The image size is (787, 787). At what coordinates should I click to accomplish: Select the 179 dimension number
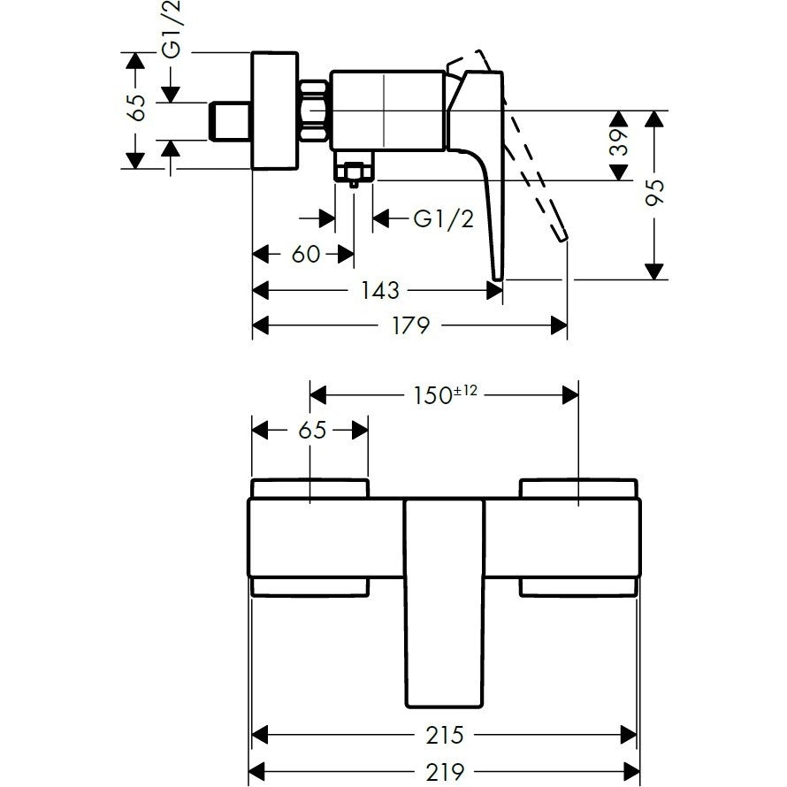coord(410,326)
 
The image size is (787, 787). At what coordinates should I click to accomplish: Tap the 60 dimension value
coord(305,255)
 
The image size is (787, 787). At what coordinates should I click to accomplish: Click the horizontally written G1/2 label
coord(443,219)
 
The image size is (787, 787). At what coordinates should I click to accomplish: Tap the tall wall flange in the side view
coord(277,111)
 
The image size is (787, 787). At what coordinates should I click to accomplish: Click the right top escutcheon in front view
coord(577,488)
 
